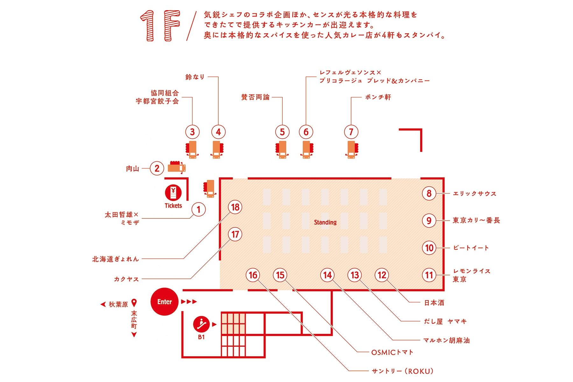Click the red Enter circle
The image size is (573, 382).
tap(164, 301)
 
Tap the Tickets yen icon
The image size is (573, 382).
tap(173, 193)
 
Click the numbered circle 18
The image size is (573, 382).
tap(235, 207)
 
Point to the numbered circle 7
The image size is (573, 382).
tap(351, 132)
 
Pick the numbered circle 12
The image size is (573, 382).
tap(382, 275)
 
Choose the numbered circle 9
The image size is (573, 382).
tap(429, 221)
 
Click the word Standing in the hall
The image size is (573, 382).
tap(325, 222)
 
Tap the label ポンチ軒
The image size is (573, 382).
tap(378, 97)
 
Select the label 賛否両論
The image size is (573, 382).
tap(255, 97)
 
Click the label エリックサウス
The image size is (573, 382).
tap(474, 194)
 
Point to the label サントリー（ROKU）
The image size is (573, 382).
tap(402, 371)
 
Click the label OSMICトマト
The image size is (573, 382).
tap(392, 352)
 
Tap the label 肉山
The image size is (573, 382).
tap(132, 168)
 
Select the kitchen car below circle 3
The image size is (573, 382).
tap(192, 149)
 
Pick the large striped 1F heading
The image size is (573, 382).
tap(160, 26)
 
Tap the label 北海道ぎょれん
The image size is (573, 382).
tap(116, 259)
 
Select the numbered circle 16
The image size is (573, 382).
tap(253, 275)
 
